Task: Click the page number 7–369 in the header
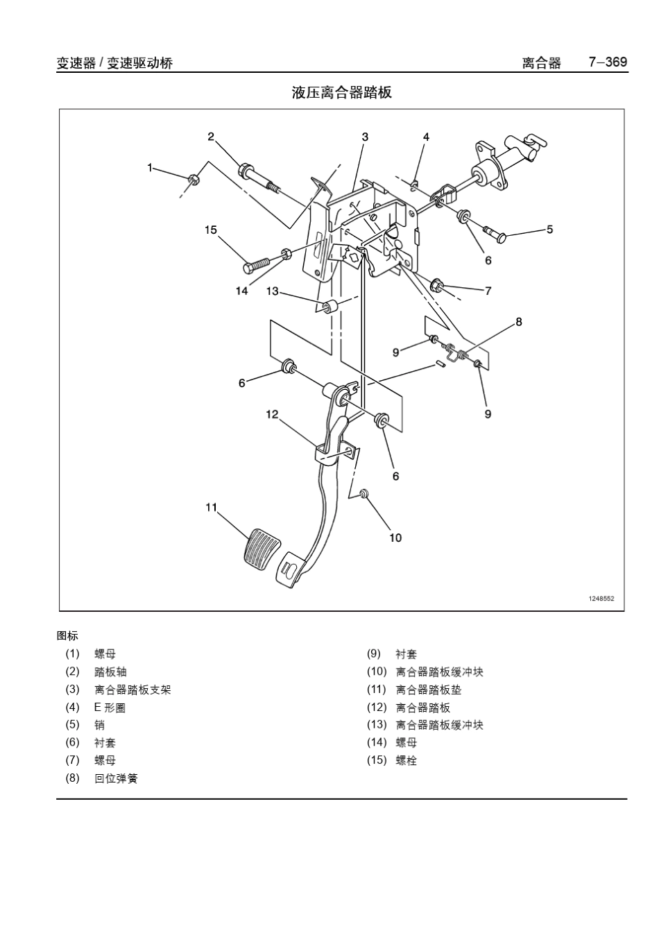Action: click(608, 62)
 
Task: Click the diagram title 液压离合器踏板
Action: click(341, 93)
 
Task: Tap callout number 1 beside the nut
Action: click(150, 167)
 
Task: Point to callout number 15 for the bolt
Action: click(211, 230)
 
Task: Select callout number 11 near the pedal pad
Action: click(212, 508)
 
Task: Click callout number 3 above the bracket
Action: click(365, 137)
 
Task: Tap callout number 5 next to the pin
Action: click(549, 229)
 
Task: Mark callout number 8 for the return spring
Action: click(518, 321)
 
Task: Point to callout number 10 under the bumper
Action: click(395, 538)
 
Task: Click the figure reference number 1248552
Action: click(601, 599)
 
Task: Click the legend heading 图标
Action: click(67, 635)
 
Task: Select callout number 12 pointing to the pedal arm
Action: click(271, 414)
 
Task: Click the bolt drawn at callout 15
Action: click(257, 265)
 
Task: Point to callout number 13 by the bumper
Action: click(272, 291)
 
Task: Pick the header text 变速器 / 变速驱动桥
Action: click(114, 63)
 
